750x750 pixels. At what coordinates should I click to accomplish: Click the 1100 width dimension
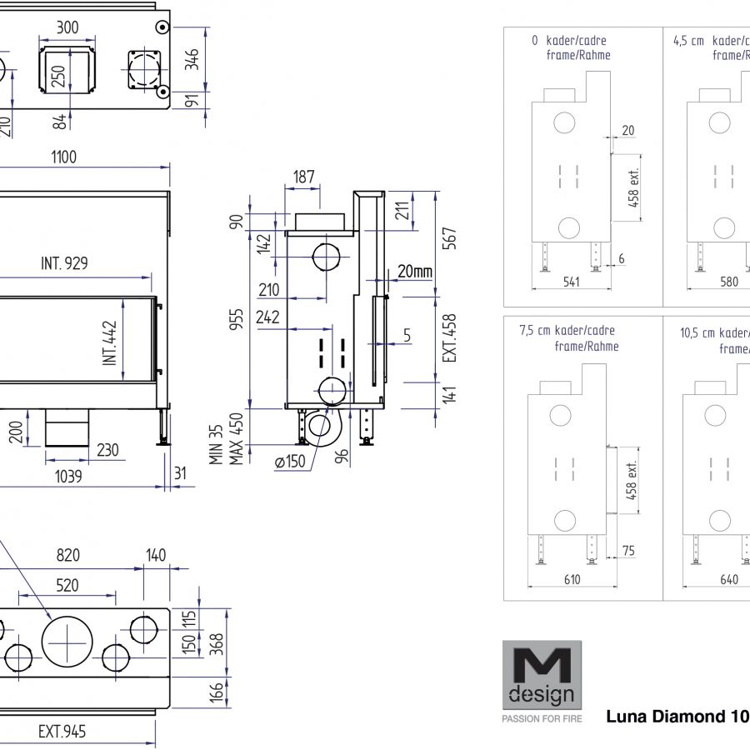(x=63, y=157)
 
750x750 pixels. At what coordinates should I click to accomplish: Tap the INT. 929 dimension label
(x=64, y=264)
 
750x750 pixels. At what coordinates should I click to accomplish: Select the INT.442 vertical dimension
(x=110, y=343)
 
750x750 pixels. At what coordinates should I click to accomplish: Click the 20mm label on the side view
(x=414, y=271)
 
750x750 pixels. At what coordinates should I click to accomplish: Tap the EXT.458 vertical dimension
(x=450, y=337)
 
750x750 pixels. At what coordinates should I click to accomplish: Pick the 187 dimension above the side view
(x=304, y=176)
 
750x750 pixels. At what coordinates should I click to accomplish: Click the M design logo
(x=541, y=673)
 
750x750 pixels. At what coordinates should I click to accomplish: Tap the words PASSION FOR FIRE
(x=542, y=717)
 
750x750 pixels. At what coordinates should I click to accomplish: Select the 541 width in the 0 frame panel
(x=571, y=282)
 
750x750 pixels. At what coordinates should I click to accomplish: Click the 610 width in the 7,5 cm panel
(x=572, y=579)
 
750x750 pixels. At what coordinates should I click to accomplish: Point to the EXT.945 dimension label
(x=62, y=732)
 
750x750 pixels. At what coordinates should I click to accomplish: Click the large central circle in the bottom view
(x=67, y=641)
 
